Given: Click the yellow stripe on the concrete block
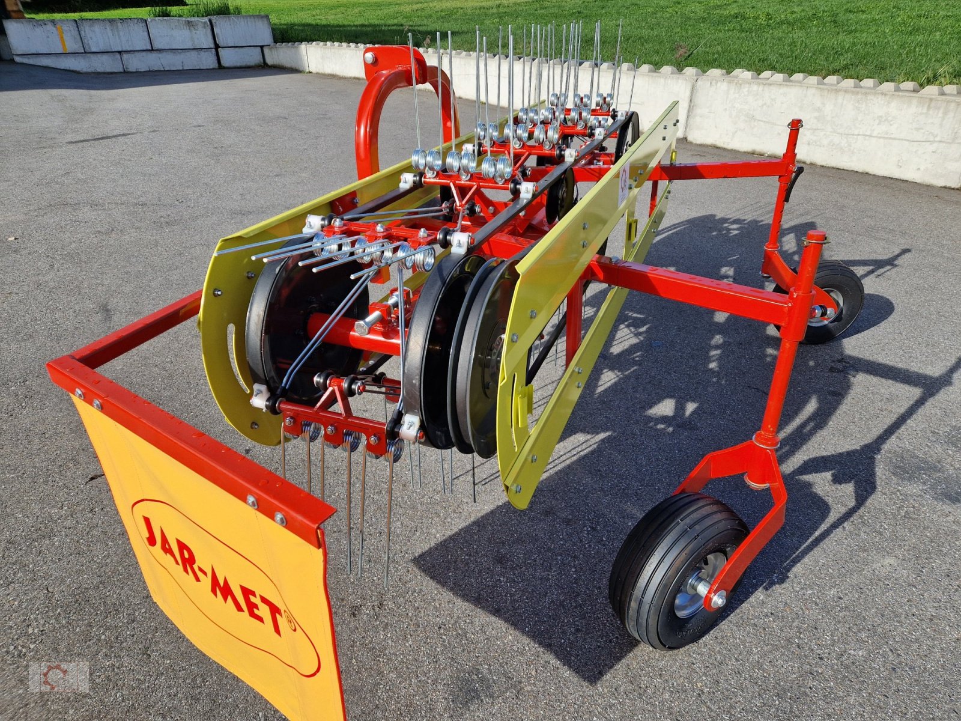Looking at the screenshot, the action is pos(62,38).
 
